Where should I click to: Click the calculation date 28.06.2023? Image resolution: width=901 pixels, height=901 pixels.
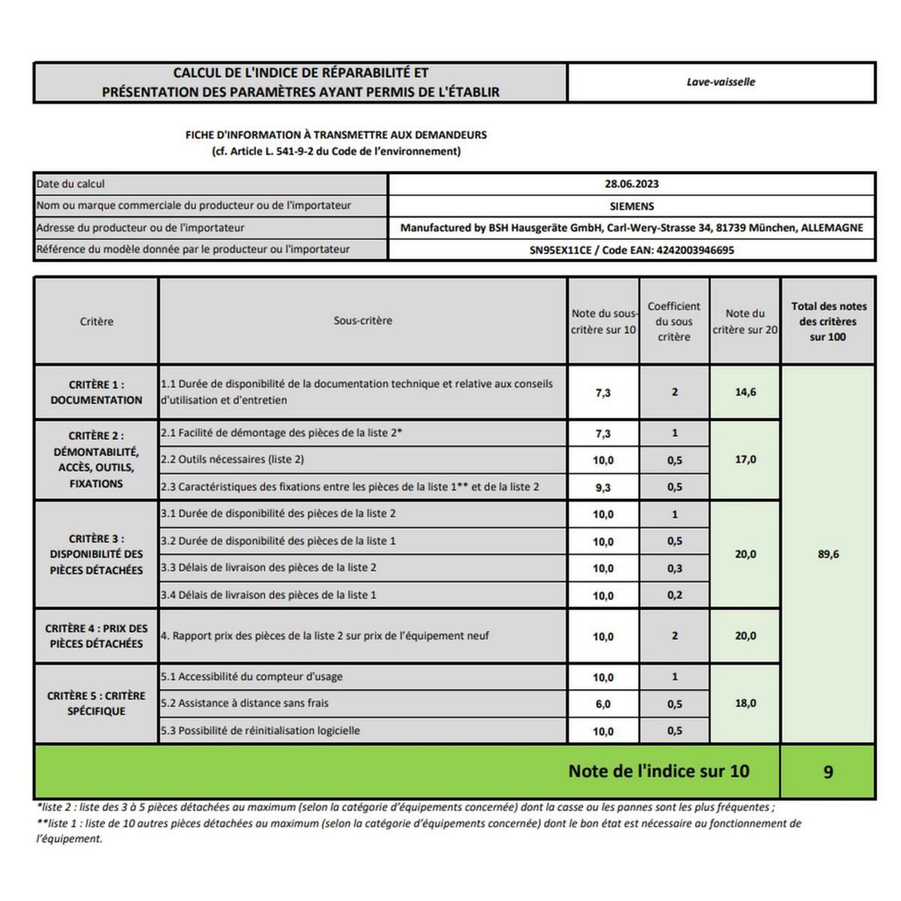tap(631, 184)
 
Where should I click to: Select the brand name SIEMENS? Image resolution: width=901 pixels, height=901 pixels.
tap(631, 206)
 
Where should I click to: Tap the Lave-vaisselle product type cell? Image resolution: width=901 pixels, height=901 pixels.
tap(721, 82)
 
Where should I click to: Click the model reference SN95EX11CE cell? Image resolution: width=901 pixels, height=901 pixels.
tap(631, 250)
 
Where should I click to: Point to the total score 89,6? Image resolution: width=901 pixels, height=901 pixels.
tap(828, 555)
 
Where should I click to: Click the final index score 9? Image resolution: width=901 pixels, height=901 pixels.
tap(828, 772)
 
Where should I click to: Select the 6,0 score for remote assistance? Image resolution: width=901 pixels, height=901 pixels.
tap(603, 704)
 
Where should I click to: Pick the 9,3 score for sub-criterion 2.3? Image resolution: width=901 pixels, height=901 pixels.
tap(603, 487)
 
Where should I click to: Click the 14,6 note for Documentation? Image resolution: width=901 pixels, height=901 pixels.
tap(746, 392)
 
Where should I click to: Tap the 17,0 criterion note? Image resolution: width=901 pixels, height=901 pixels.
tap(746, 460)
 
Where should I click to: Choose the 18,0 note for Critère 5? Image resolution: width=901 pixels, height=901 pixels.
tap(746, 704)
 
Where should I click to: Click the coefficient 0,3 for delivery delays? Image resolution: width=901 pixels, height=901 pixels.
tap(674, 568)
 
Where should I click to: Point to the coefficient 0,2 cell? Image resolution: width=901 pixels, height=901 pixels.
tap(674, 595)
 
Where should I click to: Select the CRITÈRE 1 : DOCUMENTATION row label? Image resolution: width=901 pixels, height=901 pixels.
tap(96, 392)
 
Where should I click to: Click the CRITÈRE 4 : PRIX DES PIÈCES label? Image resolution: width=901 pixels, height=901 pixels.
tap(96, 636)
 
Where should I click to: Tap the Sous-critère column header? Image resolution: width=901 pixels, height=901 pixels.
tap(363, 321)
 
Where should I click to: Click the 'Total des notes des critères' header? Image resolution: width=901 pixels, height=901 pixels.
tap(828, 321)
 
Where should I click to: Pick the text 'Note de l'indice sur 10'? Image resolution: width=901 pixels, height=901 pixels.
tap(658, 771)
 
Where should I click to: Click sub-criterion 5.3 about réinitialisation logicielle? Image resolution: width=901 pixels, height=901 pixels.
tap(261, 731)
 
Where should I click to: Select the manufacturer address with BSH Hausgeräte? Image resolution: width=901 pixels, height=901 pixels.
tap(631, 228)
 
